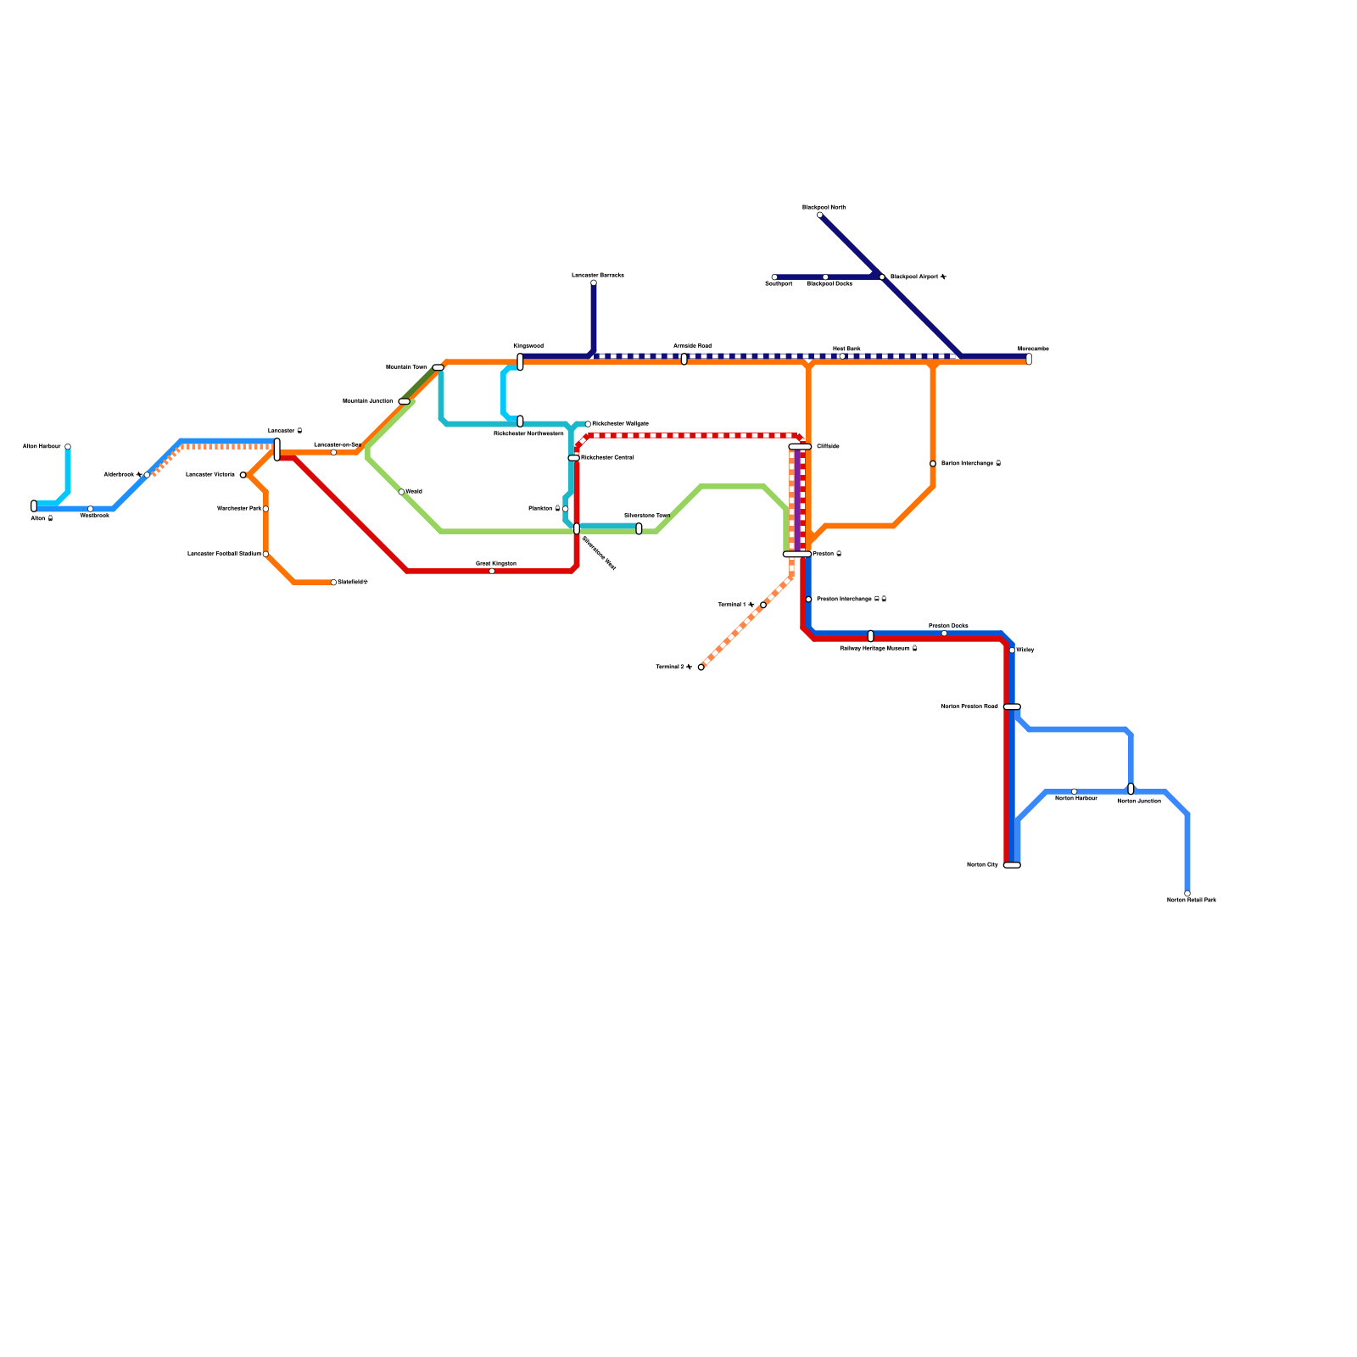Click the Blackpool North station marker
(x=819, y=215)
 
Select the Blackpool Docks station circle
(x=825, y=277)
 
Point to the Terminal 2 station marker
(x=701, y=667)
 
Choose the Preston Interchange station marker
(x=808, y=600)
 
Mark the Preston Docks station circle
(x=944, y=634)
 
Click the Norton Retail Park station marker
(x=1187, y=893)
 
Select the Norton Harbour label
(x=1075, y=799)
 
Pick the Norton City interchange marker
(x=1011, y=865)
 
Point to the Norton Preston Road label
(x=969, y=706)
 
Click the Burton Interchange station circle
(x=933, y=464)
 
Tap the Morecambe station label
(x=1033, y=349)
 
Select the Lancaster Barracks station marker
(x=594, y=282)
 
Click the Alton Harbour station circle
(x=68, y=447)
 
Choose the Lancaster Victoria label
(x=210, y=475)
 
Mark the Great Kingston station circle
(x=492, y=571)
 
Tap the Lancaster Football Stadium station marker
(x=265, y=554)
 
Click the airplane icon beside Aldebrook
(x=138, y=475)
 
